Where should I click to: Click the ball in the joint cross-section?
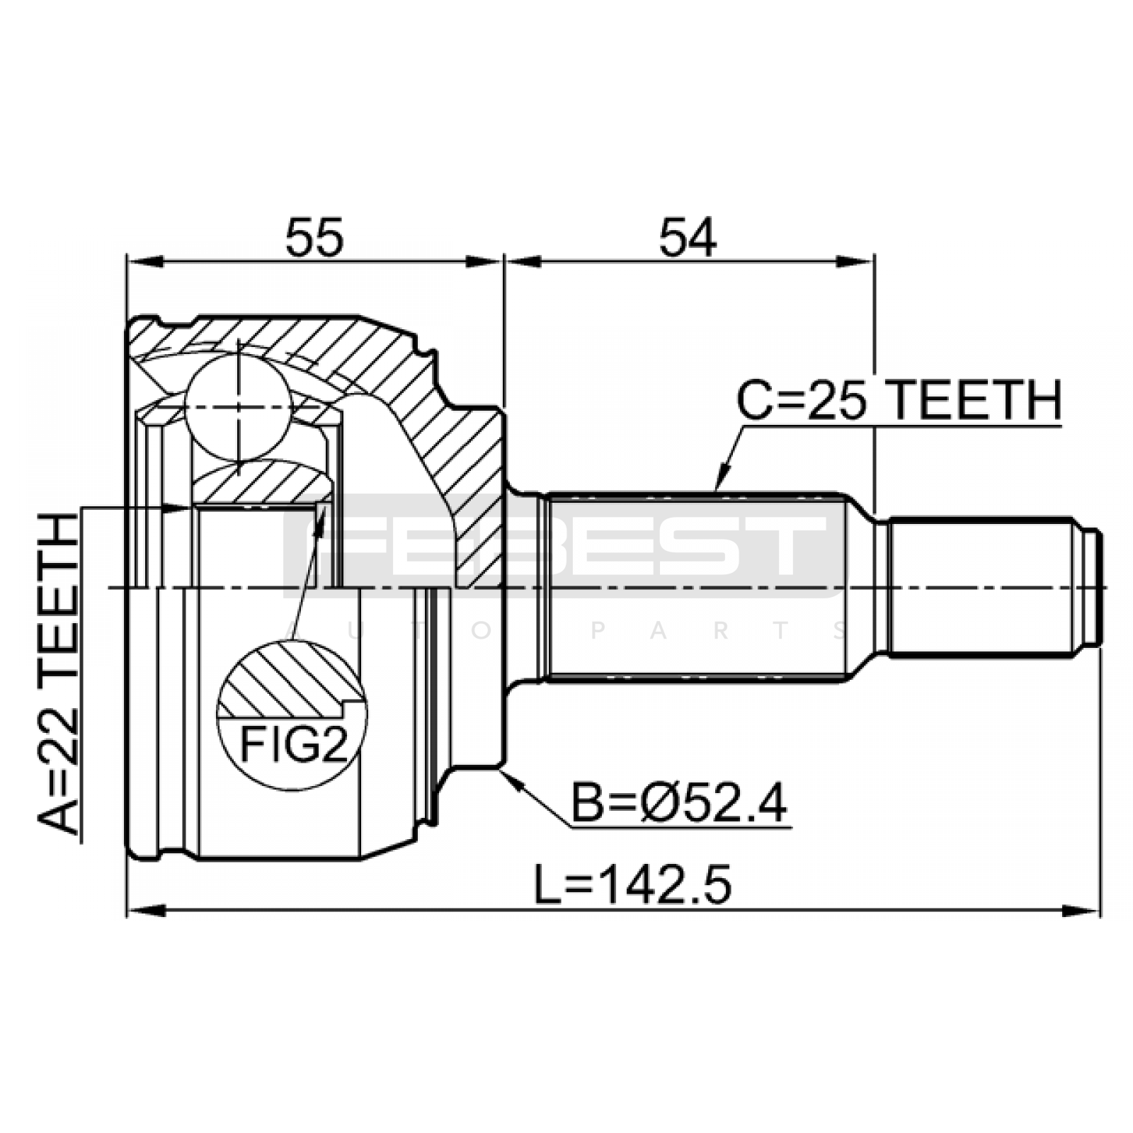pos(239,408)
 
